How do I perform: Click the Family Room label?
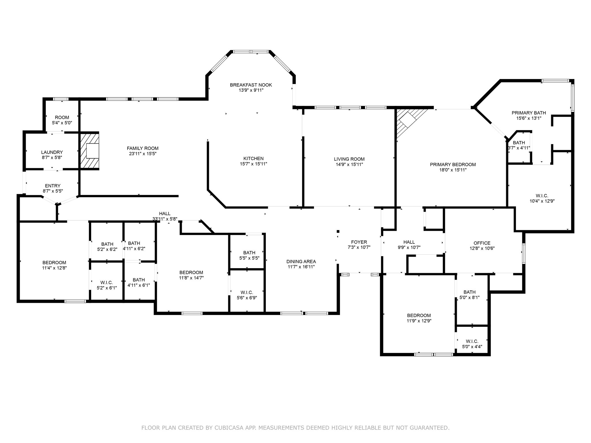[x=143, y=148]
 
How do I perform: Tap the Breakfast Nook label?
[x=251, y=85]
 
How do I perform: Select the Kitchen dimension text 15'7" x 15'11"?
[x=253, y=164]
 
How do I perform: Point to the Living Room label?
[x=349, y=159]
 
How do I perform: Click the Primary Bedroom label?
[x=453, y=165]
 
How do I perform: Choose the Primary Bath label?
[x=529, y=113]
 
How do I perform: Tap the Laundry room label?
[x=52, y=152]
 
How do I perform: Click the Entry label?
[x=53, y=186]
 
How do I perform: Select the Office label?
[x=482, y=243]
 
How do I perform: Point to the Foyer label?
[x=359, y=242]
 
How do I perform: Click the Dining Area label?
[x=301, y=262]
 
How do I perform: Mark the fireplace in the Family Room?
[x=89, y=151]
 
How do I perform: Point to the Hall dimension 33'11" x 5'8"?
[x=165, y=219]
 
